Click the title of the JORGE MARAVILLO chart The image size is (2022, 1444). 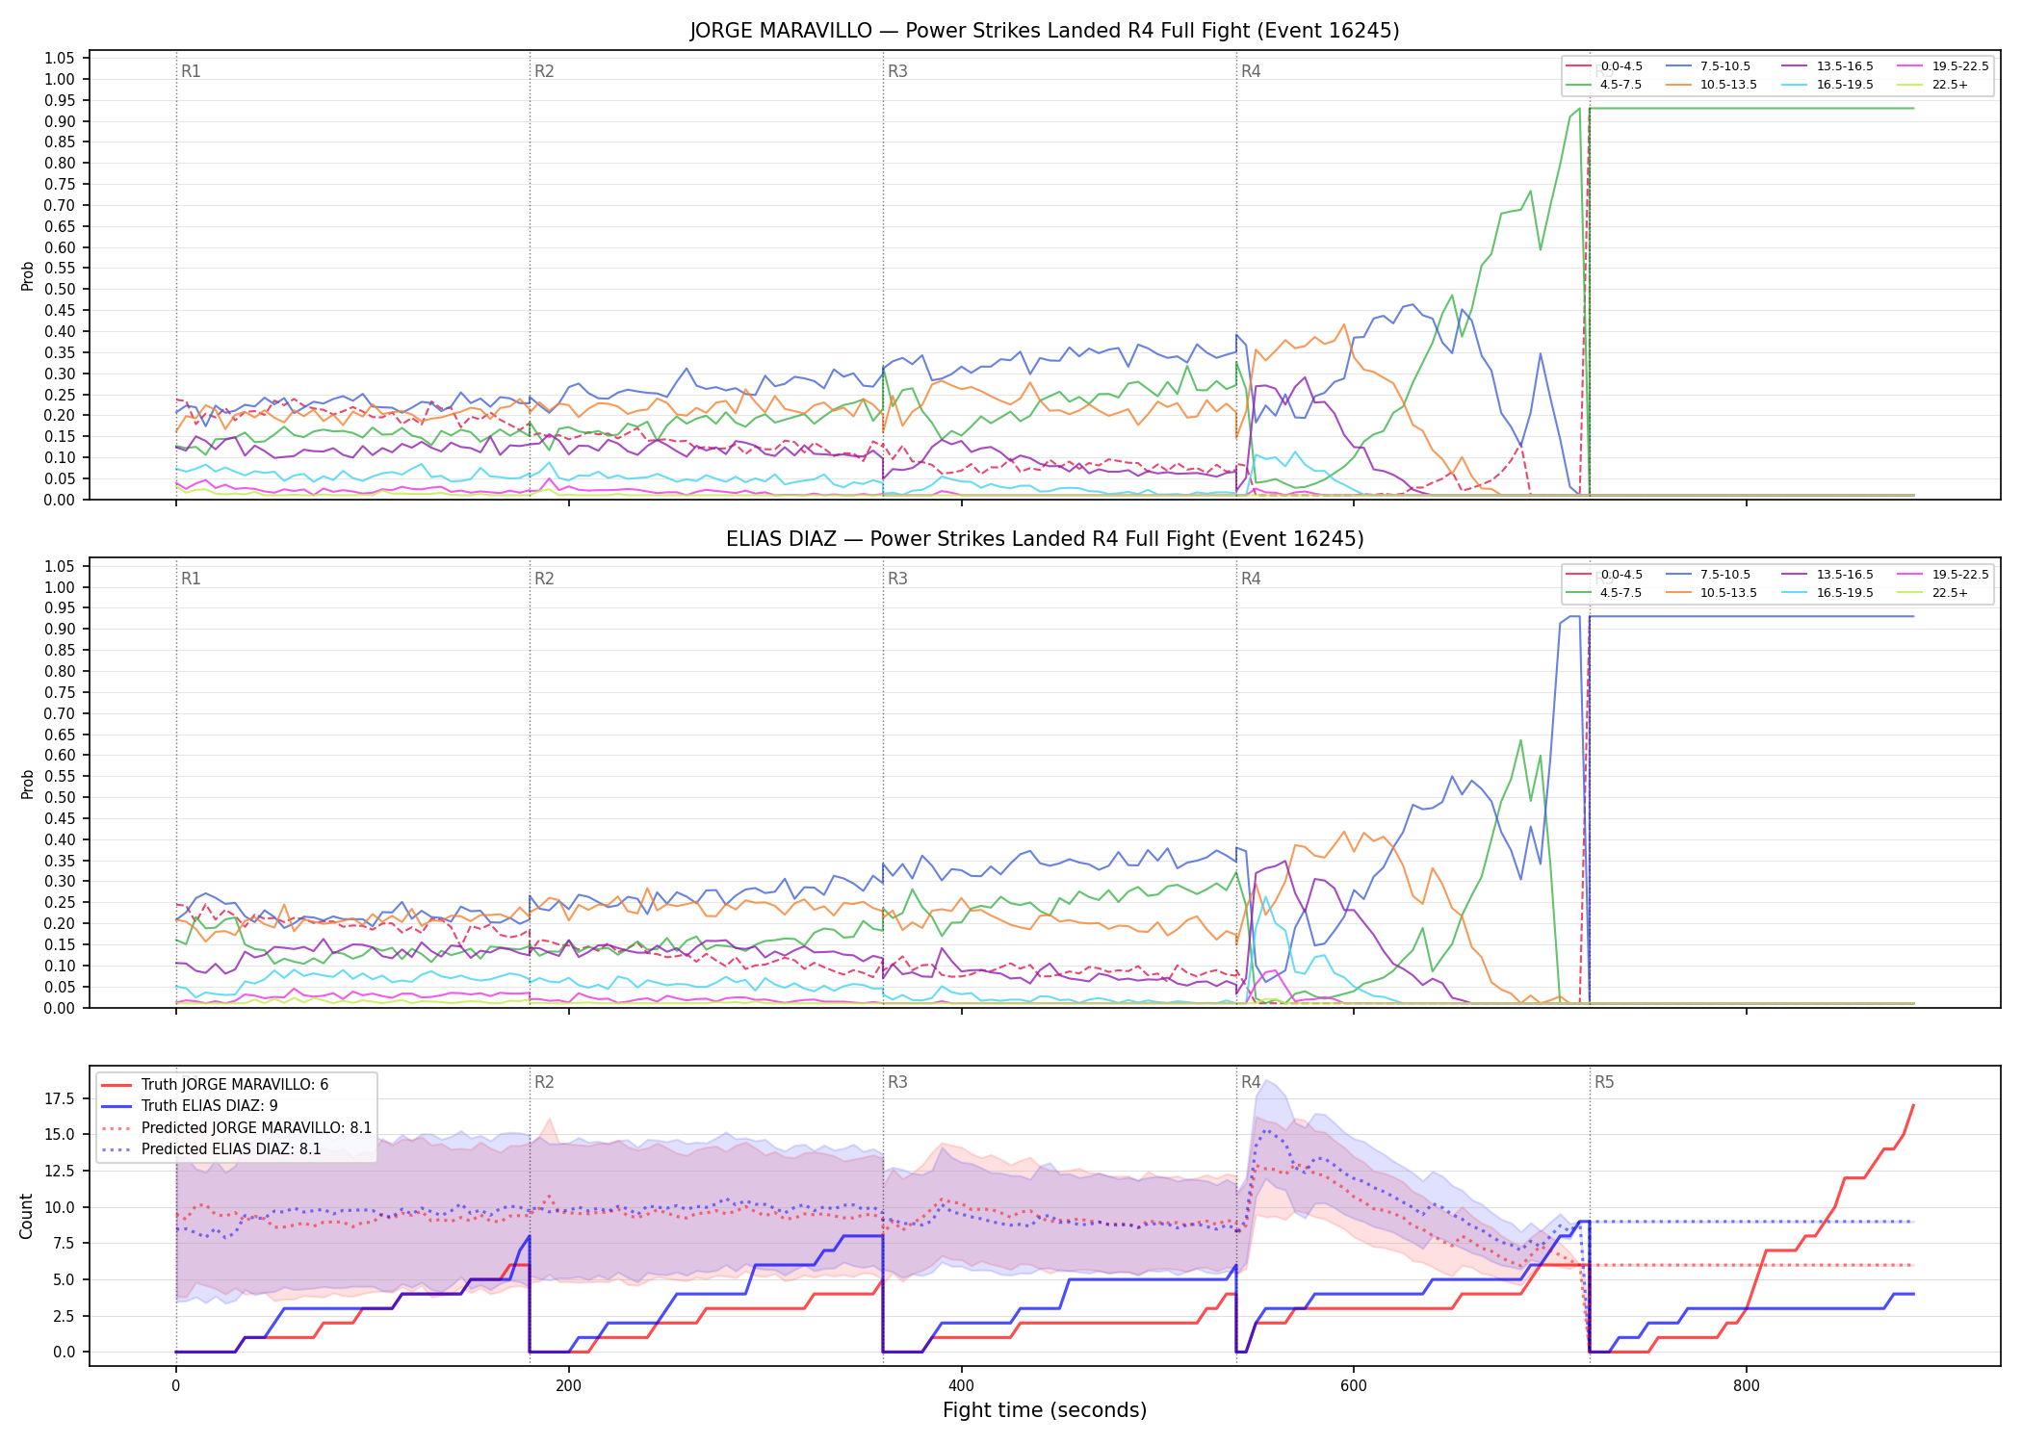[x=1045, y=31]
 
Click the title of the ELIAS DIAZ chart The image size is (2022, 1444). [x=1045, y=539]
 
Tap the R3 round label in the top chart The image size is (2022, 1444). [x=897, y=71]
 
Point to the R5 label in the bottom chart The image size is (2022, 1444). [x=1604, y=1082]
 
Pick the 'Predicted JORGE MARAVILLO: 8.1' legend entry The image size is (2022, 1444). [x=237, y=1127]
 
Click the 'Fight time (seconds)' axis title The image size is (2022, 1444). [x=1045, y=1410]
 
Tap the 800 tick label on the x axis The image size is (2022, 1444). [x=1746, y=1386]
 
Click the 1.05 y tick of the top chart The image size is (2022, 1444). [x=61, y=59]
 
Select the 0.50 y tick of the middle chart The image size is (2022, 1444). [x=61, y=797]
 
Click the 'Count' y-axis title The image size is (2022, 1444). [x=26, y=1216]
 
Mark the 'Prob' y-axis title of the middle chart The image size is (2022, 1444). [x=27, y=784]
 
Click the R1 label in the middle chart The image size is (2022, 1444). [x=191, y=579]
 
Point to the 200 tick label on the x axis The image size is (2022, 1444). [x=568, y=1386]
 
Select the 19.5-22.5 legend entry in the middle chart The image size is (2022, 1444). [x=1943, y=575]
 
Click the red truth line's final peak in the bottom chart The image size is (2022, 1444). [x=1913, y=1105]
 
